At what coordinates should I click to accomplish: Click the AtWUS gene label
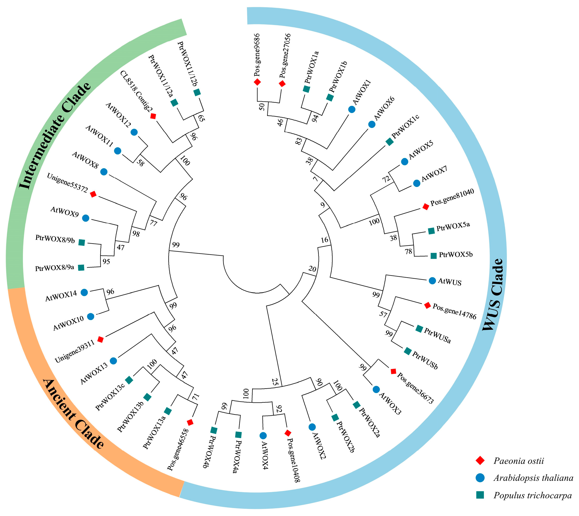[450, 282]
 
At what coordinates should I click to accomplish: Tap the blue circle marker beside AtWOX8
[104, 172]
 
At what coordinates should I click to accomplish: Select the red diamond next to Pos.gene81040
[426, 207]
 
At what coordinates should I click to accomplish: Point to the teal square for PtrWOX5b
[433, 255]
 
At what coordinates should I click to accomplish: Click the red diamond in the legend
[480, 461]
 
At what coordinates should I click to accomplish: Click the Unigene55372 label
[67, 183]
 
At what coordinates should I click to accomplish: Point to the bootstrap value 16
[324, 240]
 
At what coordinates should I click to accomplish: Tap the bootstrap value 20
[312, 268]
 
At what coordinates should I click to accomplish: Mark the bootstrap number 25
[275, 382]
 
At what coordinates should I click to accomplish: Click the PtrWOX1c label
[405, 127]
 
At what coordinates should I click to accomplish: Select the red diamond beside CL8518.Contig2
[153, 116]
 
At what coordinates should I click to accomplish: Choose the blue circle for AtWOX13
[113, 361]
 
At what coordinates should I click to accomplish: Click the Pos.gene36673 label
[415, 388]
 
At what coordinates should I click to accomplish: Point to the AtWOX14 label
[61, 296]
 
